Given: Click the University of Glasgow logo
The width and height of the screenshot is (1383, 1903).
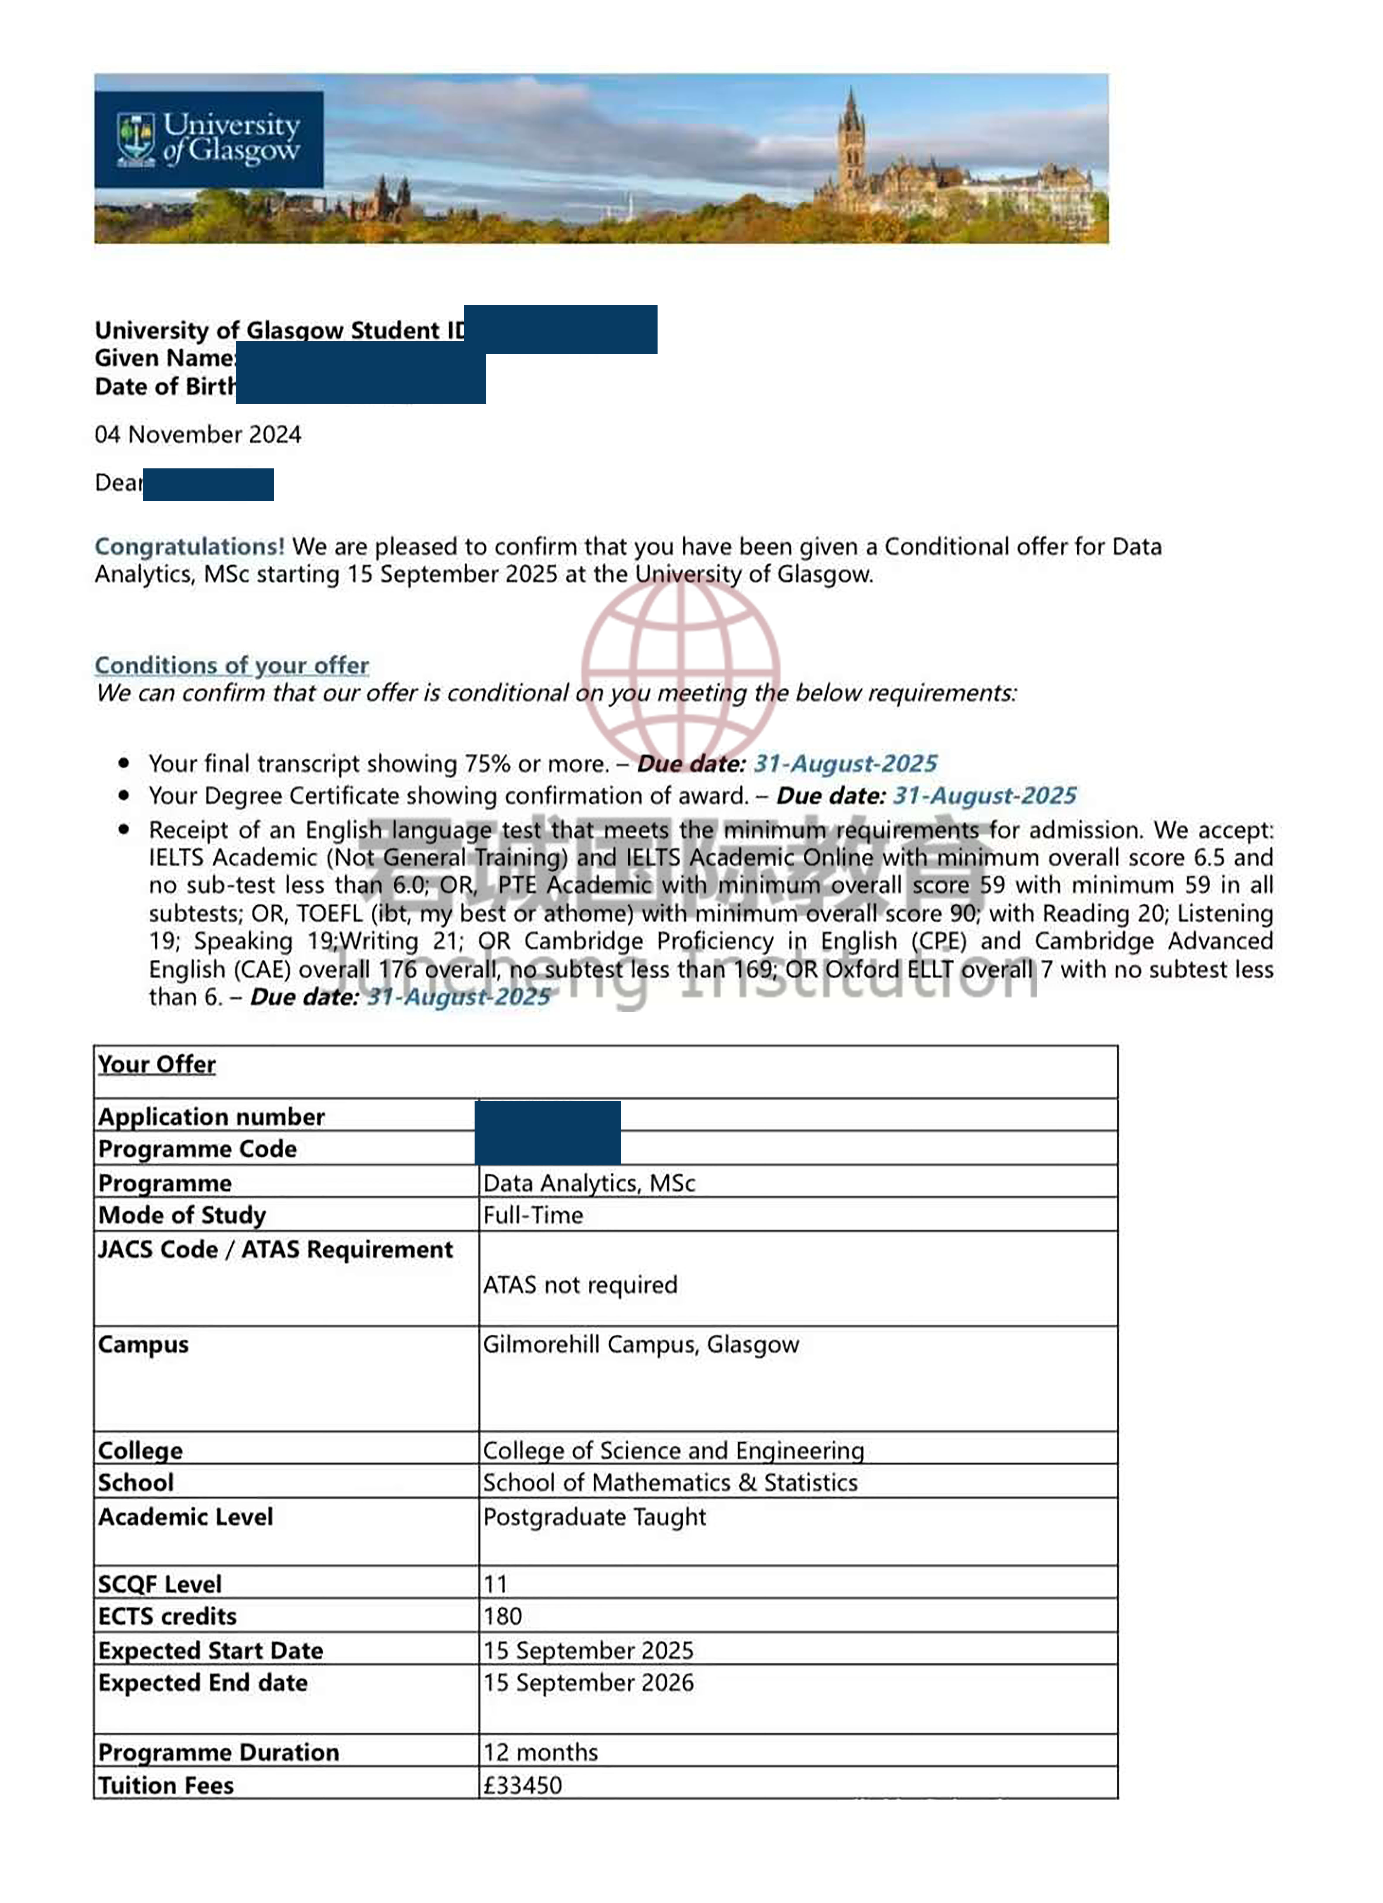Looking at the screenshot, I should pos(208,139).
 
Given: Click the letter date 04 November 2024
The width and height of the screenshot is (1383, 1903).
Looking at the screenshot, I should pos(198,435).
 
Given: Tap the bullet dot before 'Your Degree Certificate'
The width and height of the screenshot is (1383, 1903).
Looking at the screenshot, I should pos(124,794).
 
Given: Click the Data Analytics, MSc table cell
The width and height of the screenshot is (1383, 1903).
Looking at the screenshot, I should pos(589,1183).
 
